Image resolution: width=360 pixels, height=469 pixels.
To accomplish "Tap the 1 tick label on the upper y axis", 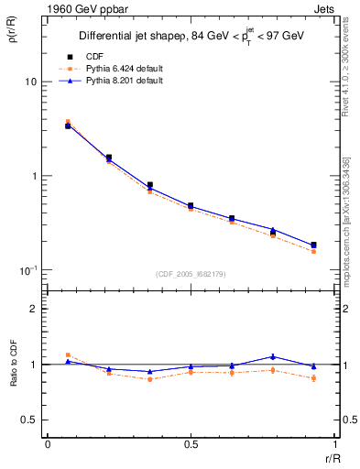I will click(32, 176).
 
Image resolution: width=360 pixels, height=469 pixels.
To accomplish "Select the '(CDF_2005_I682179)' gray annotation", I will click(190, 273).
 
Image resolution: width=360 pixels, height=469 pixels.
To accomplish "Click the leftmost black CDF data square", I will click(68, 125).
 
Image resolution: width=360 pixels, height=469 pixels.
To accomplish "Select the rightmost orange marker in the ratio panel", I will click(313, 378).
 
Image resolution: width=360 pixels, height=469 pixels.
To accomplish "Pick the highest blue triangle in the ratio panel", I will click(273, 356).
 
